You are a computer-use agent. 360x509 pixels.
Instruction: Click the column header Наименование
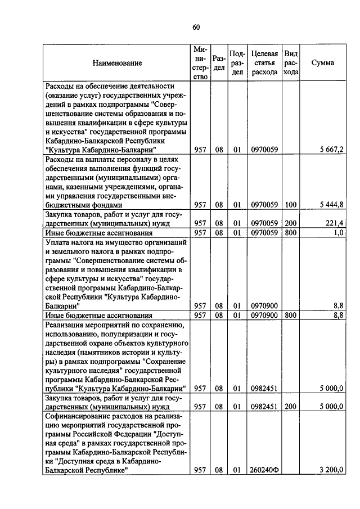coord(118,63)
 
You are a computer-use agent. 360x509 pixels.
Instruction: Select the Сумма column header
coord(322,63)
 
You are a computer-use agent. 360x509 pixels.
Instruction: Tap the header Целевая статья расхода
coord(264,63)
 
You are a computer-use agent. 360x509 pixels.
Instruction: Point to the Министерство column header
coord(200,63)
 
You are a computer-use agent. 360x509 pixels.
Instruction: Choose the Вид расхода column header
coord(290,63)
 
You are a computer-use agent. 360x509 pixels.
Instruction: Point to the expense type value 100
coord(290,205)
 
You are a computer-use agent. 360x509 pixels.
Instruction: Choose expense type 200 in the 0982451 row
coord(290,407)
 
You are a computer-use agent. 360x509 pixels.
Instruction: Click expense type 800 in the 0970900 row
coord(290,316)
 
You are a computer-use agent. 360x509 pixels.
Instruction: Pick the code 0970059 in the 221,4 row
coord(264,223)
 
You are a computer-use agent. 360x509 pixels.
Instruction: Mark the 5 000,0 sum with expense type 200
coord(332,407)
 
